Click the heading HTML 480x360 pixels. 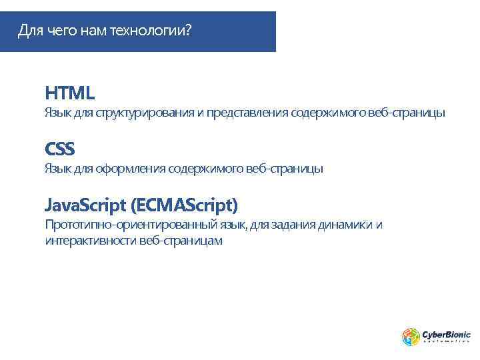coord(69,92)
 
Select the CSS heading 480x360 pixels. coord(59,147)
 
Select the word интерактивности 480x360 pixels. coord(90,241)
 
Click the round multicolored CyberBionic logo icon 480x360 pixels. coord(410,337)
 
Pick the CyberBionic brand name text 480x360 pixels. coord(446,334)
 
